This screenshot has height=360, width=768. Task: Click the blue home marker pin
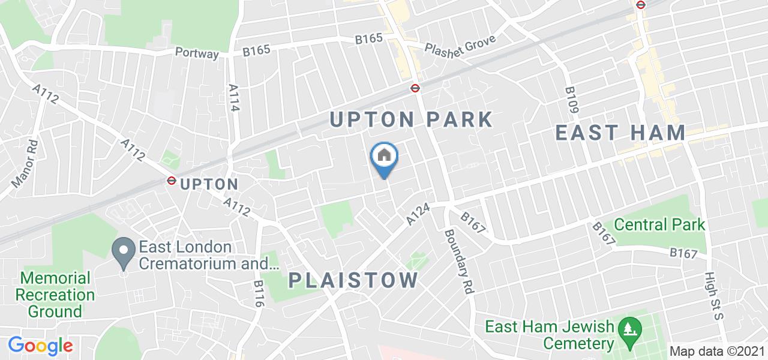click(384, 157)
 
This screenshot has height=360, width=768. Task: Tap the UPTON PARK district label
click(412, 119)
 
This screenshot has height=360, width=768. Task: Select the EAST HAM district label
click(620, 133)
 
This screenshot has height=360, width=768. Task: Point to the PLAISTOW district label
click(353, 280)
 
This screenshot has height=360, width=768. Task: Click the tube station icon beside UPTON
click(171, 180)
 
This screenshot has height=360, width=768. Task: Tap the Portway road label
click(197, 53)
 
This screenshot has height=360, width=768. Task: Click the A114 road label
click(234, 97)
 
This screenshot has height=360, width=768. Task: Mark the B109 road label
click(572, 100)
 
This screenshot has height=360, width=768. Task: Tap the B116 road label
click(259, 294)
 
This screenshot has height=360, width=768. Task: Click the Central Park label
click(660, 225)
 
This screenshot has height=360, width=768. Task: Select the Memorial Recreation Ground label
click(55, 295)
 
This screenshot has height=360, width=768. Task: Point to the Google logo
click(40, 346)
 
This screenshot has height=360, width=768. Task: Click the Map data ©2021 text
click(718, 352)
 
